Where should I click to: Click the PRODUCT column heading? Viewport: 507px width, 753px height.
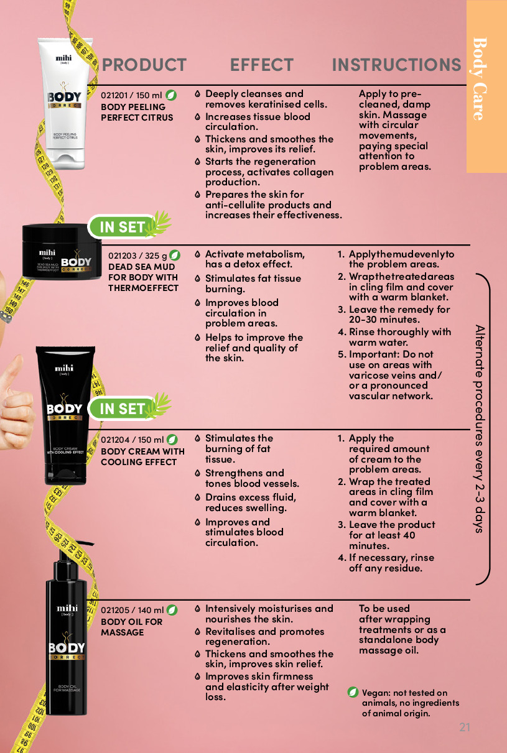point(144,65)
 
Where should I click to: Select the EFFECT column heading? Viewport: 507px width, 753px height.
point(261,65)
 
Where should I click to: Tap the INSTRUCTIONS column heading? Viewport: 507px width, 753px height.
point(396,65)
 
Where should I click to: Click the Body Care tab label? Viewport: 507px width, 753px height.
point(480,79)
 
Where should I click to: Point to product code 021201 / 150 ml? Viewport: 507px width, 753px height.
point(131,96)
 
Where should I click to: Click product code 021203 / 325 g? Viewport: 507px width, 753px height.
point(137,256)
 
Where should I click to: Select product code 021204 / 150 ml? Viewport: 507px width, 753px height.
point(132,440)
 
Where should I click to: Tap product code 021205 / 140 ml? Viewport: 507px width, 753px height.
point(132,610)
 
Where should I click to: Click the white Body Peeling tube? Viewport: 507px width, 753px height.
point(65,104)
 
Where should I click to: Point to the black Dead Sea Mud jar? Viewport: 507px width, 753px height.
point(62,251)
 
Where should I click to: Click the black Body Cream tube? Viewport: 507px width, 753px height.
point(65,415)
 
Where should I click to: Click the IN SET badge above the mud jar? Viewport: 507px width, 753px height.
point(129,226)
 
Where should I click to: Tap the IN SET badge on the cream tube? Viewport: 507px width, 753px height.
point(129,408)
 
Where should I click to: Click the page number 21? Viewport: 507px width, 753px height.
point(465,728)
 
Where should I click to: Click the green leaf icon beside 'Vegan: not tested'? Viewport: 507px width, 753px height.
point(353,692)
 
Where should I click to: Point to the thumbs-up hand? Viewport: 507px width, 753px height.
point(15,404)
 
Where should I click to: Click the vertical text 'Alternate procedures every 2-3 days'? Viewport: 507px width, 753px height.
point(480,428)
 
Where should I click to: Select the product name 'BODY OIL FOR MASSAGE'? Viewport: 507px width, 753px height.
point(131,627)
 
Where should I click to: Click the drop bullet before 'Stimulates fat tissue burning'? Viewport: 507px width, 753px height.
point(198,279)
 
